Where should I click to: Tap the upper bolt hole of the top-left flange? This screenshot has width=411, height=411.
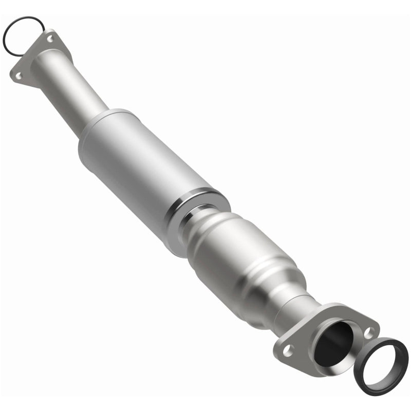click(50, 38)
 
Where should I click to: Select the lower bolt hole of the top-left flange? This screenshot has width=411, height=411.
click(18, 75)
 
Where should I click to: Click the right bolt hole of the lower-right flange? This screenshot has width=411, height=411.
click(368, 333)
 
